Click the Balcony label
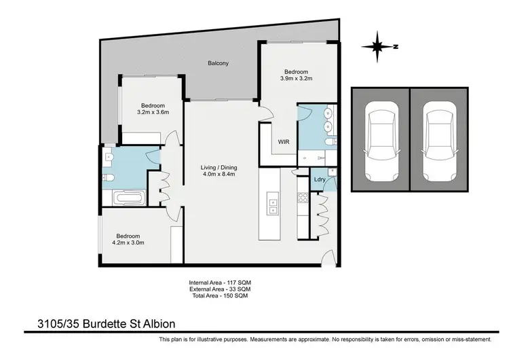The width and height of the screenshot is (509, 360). tap(219, 64)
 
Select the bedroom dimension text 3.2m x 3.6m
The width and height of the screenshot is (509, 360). tap(153, 113)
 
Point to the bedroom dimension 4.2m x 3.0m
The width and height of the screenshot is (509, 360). tap(128, 242)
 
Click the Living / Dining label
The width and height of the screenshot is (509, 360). tap(219, 168)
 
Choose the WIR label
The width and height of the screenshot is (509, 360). tap(284, 143)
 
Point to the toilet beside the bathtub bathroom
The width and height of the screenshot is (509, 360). tap(109, 178)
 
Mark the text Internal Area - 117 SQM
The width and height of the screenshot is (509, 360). tap(222, 282)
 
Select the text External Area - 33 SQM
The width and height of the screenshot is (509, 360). tap(222, 289)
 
